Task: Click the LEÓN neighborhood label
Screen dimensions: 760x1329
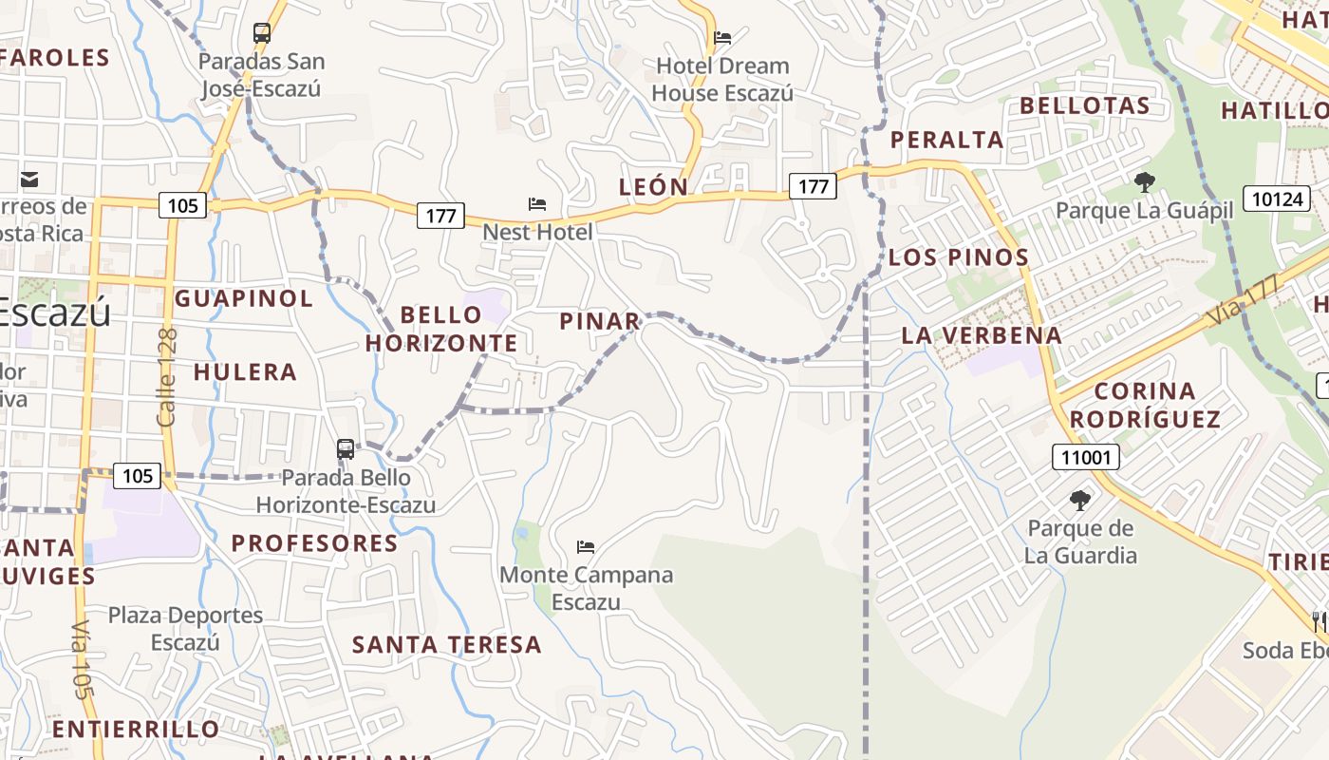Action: coord(653,186)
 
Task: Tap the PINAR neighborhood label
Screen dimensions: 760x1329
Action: coord(600,321)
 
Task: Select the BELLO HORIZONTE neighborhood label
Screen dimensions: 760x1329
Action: coord(442,329)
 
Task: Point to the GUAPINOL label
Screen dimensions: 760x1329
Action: coord(244,298)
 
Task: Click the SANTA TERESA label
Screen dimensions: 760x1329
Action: coord(447,644)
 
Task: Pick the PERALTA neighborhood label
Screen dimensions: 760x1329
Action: coord(946,140)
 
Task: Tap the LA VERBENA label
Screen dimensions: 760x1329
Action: coord(982,334)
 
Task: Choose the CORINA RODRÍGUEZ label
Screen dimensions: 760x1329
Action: coord(1145,405)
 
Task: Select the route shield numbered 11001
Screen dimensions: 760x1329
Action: coord(1086,458)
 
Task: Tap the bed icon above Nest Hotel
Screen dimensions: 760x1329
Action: coord(537,204)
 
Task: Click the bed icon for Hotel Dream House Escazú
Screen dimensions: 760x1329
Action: coord(722,38)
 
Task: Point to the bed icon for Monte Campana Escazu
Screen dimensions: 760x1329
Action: coord(586,547)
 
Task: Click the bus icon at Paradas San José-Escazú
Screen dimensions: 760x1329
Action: coord(262,33)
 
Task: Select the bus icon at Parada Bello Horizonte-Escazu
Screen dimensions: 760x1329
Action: coord(346,449)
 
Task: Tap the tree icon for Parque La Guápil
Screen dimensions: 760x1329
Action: coord(1144,181)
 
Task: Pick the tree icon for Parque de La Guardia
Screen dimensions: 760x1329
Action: coord(1079,501)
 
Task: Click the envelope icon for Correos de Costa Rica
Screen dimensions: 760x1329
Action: coord(29,179)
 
